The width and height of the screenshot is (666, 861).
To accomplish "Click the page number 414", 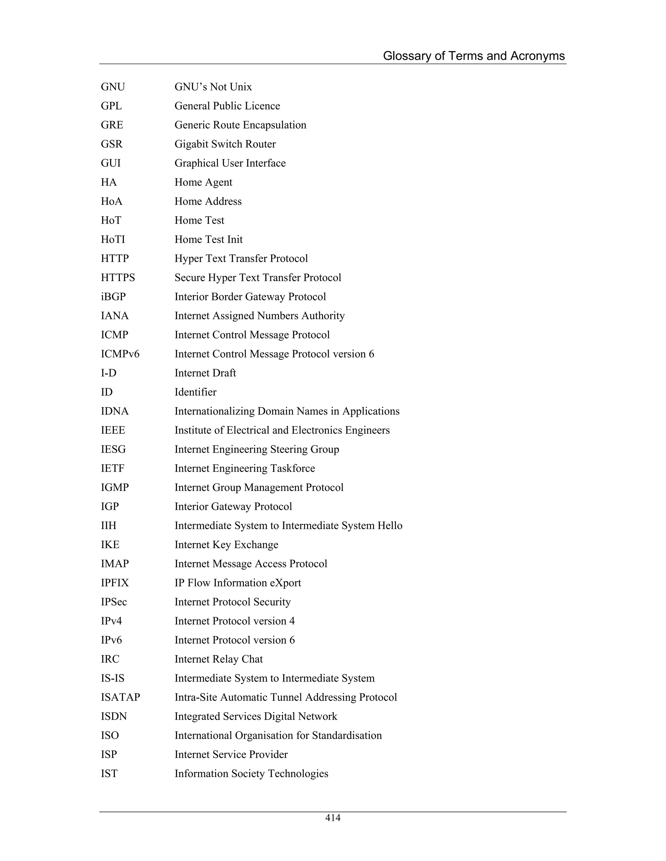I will (x=333, y=818).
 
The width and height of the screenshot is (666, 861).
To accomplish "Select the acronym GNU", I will (x=113, y=87).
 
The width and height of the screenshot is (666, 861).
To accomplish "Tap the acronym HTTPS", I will (x=118, y=277).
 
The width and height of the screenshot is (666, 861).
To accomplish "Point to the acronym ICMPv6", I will (x=120, y=354).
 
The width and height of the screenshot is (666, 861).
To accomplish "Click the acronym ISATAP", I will (x=120, y=697).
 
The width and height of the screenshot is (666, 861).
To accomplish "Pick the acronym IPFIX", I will (x=115, y=583).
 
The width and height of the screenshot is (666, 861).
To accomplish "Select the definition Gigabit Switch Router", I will (x=225, y=144).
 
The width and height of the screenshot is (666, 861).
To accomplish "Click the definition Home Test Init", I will (x=208, y=239).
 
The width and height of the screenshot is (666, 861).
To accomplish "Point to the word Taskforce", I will (x=292, y=468).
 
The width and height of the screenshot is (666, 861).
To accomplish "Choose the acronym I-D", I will (x=109, y=373).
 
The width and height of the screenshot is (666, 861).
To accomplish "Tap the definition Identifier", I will (x=195, y=392).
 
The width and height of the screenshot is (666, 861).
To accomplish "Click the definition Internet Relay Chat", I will (x=219, y=659).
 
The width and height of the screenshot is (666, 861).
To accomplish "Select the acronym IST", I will (x=109, y=774).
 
